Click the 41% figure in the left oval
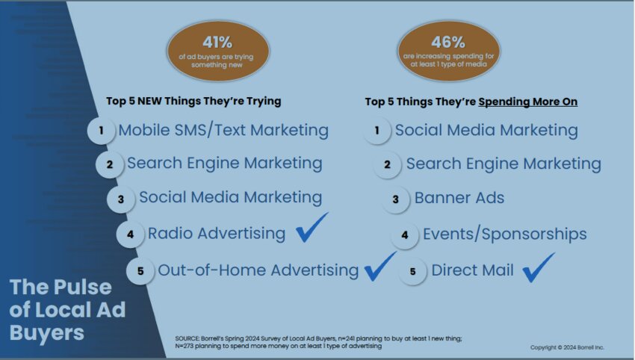217,42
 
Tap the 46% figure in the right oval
448,42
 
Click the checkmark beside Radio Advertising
312,228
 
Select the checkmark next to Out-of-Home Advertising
380,266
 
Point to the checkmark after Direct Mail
538,267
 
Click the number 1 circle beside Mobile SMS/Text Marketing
102,131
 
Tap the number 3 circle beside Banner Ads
396,199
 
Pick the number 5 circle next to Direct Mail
412,271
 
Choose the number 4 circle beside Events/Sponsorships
405,235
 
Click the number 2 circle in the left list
110,164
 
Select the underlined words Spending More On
527,102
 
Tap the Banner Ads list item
459,198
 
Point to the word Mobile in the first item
144,130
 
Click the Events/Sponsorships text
504,234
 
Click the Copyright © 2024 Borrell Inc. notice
567,347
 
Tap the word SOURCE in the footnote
188,338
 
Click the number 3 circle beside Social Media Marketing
121,199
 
